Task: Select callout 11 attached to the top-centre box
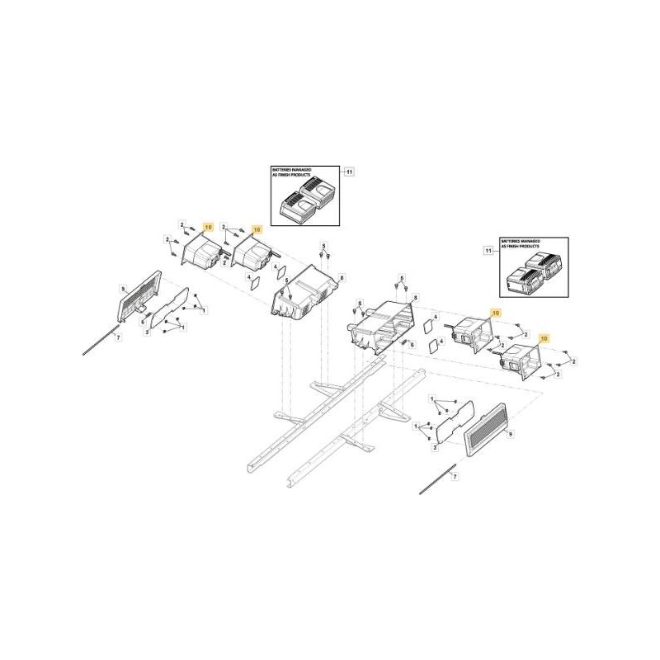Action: tap(349, 172)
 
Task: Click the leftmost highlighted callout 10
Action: tap(207, 227)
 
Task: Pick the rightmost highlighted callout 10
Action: tap(544, 338)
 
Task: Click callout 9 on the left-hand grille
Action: tap(123, 289)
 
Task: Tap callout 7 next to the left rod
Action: tap(117, 338)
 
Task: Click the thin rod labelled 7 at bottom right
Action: tap(437, 480)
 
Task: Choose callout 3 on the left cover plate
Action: tap(147, 331)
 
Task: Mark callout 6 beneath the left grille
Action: tap(143, 322)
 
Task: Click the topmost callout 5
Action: tap(324, 246)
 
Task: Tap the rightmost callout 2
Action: tap(573, 361)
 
